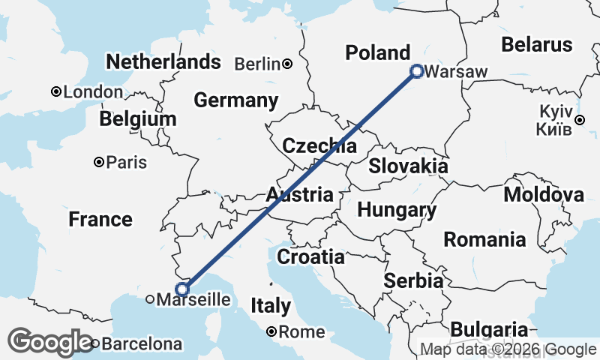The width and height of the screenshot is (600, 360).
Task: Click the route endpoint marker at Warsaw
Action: (x=417, y=71)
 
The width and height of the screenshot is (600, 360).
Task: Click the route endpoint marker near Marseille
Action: (x=181, y=289)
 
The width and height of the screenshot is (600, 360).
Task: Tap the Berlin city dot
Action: (x=287, y=64)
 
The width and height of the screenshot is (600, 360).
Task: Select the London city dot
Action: (x=55, y=91)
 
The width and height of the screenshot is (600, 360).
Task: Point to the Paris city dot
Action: (x=98, y=162)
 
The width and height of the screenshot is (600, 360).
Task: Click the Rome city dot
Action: (x=271, y=331)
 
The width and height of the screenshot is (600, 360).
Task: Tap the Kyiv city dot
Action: (x=579, y=119)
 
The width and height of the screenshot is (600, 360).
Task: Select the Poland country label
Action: (x=377, y=52)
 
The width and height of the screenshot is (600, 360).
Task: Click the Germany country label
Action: (x=235, y=100)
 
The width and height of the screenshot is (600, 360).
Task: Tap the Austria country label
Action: (x=299, y=195)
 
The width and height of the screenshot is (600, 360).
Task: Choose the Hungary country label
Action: (x=397, y=210)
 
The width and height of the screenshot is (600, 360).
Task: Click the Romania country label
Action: (x=484, y=239)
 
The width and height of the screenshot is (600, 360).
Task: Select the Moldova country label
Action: (x=544, y=195)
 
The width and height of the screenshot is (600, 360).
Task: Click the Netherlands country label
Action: (x=163, y=61)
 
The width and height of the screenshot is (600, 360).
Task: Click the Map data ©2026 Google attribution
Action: (x=508, y=349)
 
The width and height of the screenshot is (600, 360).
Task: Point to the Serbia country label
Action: (x=412, y=281)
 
